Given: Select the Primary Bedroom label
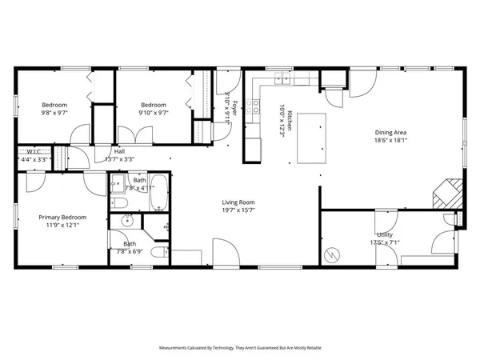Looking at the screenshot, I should pos(62,217).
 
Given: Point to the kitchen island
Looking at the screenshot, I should pos(314,137).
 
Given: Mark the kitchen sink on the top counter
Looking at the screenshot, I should pos(282,78).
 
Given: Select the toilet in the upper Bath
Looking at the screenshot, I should pos(118,189).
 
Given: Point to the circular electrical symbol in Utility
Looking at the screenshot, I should pos(332,254).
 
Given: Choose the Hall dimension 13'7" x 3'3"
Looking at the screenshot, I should pos(119,158).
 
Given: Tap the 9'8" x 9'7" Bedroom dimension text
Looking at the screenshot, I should pos(54,113).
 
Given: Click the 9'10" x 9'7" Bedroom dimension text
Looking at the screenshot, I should pos(153,113).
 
